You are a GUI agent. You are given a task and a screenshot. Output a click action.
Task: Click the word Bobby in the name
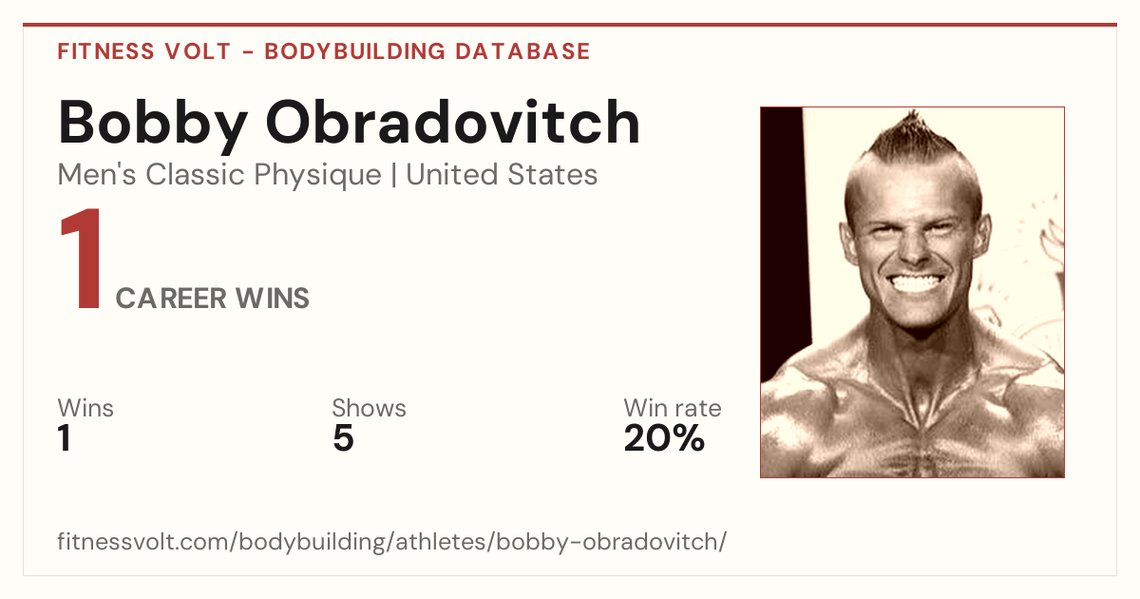(153, 125)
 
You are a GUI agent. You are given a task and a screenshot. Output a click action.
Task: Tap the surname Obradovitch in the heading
(453, 122)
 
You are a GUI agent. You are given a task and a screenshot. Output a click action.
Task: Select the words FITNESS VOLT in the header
(144, 51)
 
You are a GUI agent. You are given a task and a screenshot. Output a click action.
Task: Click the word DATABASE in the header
(522, 51)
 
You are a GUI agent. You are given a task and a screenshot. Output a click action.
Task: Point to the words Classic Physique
(263, 175)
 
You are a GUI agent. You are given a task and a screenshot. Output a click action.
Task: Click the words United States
(502, 174)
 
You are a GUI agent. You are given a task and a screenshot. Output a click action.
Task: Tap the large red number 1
(82, 259)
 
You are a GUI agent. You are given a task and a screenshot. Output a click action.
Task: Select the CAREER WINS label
(212, 298)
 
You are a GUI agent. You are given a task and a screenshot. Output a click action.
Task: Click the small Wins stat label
(85, 408)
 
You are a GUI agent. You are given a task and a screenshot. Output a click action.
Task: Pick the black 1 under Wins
(65, 438)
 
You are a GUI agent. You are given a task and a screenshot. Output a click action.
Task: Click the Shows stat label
(369, 408)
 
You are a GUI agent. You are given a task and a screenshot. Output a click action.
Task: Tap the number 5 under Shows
(344, 438)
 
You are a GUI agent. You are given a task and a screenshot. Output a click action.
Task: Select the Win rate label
(673, 408)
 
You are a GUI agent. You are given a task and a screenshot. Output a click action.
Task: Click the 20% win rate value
(664, 438)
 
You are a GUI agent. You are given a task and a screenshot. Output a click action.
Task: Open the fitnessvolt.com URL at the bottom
(391, 541)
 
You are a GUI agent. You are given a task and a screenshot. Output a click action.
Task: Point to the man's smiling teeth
(915, 283)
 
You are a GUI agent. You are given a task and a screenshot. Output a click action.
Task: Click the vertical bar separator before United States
(393, 176)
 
